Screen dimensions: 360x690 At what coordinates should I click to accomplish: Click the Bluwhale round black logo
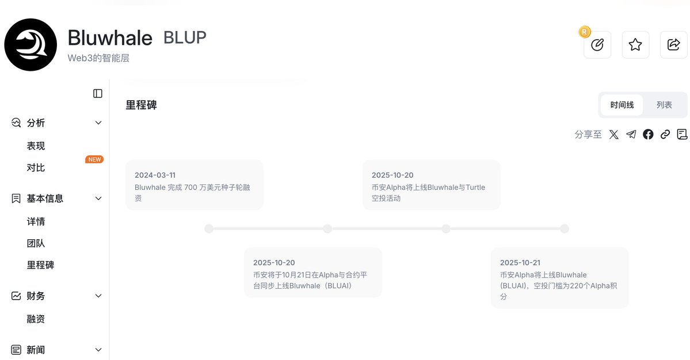coord(31,45)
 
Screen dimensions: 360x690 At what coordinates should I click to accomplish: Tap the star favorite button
coord(635,45)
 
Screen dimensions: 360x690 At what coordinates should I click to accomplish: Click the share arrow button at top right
coord(673,45)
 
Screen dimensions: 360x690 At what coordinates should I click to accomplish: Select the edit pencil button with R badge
coord(597,45)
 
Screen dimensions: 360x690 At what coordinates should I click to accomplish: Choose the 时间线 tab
coord(622,105)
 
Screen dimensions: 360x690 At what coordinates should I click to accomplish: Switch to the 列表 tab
coord(664,105)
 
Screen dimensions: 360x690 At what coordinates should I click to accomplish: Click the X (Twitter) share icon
coord(614,135)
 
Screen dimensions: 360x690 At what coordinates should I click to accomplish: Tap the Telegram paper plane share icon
coord(631,135)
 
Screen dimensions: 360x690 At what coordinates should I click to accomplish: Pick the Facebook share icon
coord(648,135)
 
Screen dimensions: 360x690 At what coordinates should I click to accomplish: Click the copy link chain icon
coord(665,135)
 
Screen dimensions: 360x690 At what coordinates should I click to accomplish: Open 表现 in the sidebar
coord(36,146)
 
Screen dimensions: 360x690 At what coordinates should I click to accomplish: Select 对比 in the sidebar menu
coord(36,168)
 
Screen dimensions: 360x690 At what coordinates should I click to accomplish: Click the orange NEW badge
coord(94,159)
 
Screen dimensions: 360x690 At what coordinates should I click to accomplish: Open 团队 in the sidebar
coord(36,243)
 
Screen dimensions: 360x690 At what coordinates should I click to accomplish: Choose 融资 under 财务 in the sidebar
coord(36,319)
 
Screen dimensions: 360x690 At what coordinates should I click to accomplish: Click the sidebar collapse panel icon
coord(98,94)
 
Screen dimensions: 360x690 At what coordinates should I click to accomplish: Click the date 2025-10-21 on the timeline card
coord(520,263)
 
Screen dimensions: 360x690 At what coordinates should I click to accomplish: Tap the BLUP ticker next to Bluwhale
coord(185,37)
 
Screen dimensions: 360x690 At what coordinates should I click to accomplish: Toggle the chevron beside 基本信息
coord(98,198)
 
